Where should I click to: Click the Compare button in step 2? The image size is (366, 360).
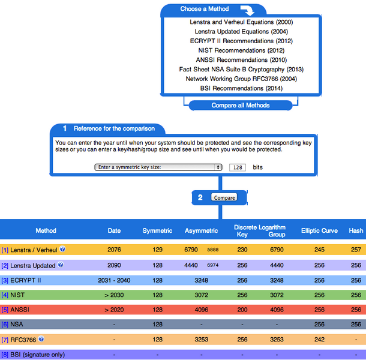[224, 197]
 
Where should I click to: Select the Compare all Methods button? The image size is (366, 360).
[241, 105]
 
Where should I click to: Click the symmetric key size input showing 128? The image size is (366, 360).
[238, 167]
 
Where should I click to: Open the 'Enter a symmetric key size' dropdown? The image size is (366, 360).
[158, 167]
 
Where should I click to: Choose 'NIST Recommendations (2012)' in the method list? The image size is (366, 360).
[241, 50]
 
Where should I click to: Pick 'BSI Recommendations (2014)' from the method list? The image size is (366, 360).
[241, 88]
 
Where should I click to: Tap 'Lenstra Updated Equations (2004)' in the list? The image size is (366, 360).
[241, 32]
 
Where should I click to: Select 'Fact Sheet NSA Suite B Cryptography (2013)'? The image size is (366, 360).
[241, 70]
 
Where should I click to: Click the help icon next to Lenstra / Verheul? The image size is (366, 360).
[62, 249]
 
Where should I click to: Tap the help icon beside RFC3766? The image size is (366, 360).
[41, 338]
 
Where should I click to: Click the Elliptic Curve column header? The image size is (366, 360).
[319, 230]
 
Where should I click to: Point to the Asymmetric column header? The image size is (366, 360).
[201, 230]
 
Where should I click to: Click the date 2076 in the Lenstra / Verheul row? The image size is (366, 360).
[114, 250]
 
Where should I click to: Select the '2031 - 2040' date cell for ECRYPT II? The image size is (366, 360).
[114, 280]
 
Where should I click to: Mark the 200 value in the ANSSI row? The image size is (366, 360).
[242, 310]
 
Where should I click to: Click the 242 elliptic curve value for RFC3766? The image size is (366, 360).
[319, 339]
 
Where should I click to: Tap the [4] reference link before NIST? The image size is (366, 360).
[5, 295]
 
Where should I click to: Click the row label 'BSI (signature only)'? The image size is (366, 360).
[37, 355]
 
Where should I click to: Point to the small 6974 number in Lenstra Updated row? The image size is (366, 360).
[213, 265]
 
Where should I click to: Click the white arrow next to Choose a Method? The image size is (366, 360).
[247, 10]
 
